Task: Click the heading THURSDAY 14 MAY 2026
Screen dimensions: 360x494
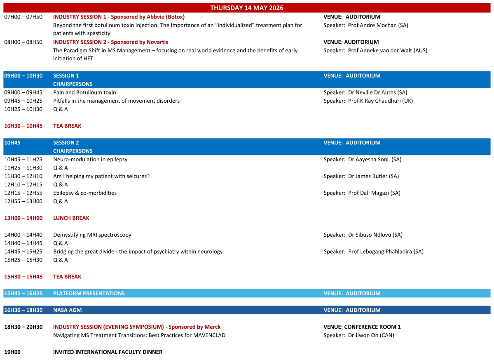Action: tap(247, 8)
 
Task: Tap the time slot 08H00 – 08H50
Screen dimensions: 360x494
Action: tap(23, 42)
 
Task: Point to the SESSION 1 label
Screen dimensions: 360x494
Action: tap(66, 75)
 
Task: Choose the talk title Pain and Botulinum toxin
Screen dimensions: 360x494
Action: tap(84, 92)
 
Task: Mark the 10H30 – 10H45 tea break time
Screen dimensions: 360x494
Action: tap(23, 126)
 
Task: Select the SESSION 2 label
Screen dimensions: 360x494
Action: tap(66, 143)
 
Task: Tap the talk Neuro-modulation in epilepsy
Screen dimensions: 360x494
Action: tap(90, 159)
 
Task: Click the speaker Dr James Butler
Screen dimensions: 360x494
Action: tap(373, 176)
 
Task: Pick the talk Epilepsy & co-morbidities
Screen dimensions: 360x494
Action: tap(85, 193)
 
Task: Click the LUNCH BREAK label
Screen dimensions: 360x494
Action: tap(71, 218)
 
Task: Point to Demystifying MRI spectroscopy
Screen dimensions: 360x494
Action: tap(92, 235)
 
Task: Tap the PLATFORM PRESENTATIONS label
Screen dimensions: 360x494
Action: tap(89, 293)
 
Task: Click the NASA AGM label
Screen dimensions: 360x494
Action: tap(66, 310)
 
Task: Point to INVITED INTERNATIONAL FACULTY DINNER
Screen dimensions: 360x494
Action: tap(108, 352)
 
